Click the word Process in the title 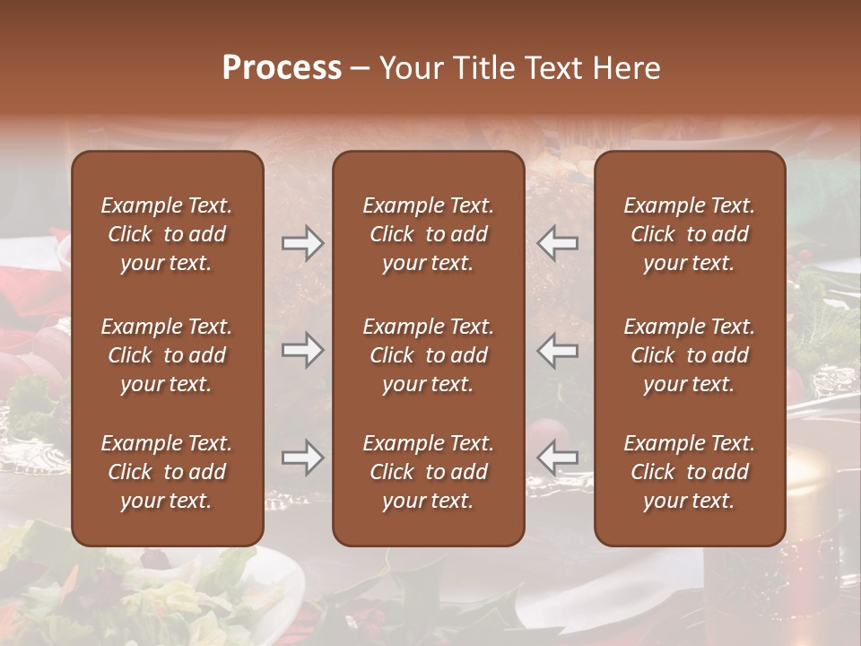click(x=282, y=68)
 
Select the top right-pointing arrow click(x=302, y=243)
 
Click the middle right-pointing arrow click(x=302, y=350)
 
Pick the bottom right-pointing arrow click(x=302, y=458)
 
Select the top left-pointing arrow click(x=558, y=243)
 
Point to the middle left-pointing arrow click(x=558, y=350)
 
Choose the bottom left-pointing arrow click(x=558, y=458)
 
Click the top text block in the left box click(x=167, y=234)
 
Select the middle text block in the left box click(x=167, y=355)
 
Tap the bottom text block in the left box click(x=167, y=472)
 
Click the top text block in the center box click(x=428, y=234)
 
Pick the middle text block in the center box click(x=428, y=355)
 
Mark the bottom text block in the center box click(x=428, y=472)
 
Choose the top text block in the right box click(x=689, y=234)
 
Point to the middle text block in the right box click(x=689, y=355)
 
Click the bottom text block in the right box click(x=689, y=472)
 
